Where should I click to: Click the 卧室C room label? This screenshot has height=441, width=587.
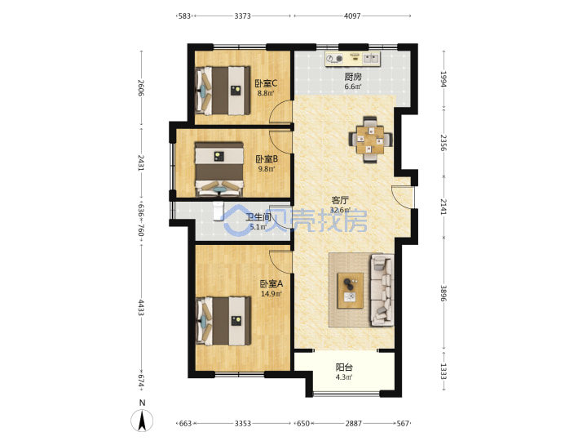point(266,83)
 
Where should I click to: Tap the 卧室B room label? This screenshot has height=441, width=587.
point(267,159)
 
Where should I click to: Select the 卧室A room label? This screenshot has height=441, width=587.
point(271,284)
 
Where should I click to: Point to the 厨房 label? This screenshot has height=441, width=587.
point(353,77)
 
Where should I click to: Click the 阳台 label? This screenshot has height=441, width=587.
point(344,367)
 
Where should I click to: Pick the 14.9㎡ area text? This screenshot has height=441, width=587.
point(271,294)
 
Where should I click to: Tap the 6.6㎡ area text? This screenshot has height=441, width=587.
point(353,87)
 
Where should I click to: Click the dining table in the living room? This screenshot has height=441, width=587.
point(370,140)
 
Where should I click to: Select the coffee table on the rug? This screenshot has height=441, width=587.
point(351,291)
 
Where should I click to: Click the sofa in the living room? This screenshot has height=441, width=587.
point(382,290)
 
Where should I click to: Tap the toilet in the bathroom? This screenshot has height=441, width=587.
point(218,212)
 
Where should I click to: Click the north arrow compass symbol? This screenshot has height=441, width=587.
point(142,421)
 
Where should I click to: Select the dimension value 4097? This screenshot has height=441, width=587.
point(352,16)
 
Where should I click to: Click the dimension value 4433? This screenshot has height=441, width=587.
point(141,307)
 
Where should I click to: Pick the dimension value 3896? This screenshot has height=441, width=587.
point(444,293)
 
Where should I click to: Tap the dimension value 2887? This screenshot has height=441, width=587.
point(353,423)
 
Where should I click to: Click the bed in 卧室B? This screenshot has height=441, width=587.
point(219,169)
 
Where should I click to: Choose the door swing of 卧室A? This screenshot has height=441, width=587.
point(280,262)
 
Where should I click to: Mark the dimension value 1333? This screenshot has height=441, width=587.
point(444,372)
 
